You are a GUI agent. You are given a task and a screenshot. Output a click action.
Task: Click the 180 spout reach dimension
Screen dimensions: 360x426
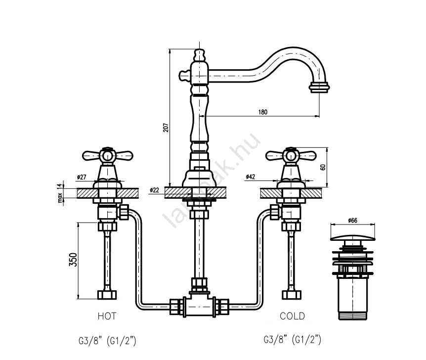(x=262, y=112)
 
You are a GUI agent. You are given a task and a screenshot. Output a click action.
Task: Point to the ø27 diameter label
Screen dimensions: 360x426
(x=82, y=177)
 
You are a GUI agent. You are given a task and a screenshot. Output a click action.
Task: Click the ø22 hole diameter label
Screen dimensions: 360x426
(x=155, y=190)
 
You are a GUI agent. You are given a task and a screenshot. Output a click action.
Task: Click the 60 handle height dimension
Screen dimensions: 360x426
(x=323, y=167)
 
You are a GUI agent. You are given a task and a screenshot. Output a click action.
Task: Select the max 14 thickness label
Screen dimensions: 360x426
(x=60, y=192)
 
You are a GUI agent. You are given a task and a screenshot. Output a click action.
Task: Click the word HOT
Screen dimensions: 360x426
(x=107, y=315)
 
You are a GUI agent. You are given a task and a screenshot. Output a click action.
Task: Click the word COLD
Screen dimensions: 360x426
(x=292, y=315)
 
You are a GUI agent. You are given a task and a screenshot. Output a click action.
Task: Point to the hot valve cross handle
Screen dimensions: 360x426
(x=108, y=156)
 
